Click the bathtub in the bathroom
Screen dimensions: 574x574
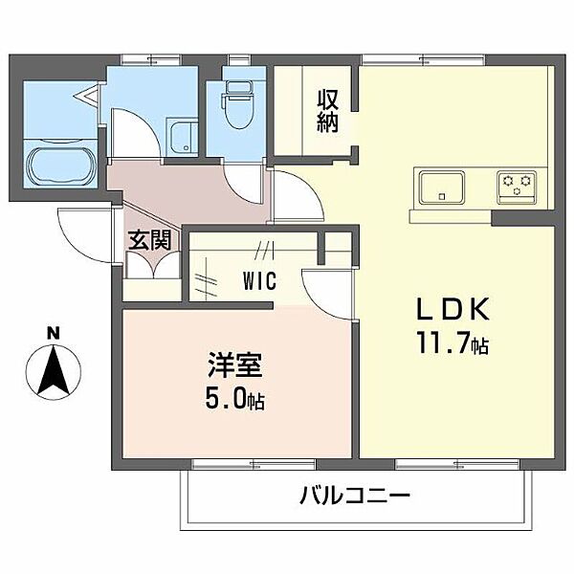59,168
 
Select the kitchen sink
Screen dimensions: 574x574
439,184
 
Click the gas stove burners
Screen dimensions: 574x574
518,184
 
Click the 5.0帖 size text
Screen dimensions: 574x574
234,399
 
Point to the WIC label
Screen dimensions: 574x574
258,282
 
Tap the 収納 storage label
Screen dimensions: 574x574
328,111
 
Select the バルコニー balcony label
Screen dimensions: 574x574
354,497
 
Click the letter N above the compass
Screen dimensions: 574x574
55,333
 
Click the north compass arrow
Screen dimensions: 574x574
55,373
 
